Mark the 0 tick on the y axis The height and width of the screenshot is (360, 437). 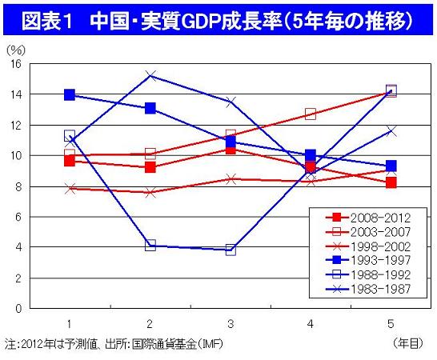[17, 309]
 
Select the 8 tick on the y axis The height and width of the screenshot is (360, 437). [17, 186]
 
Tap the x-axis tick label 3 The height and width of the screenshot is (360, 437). [231, 323]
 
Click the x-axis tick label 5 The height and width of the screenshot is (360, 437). [391, 323]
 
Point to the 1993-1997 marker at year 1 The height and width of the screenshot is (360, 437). [70, 94]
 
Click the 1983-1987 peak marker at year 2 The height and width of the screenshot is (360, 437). [150, 76]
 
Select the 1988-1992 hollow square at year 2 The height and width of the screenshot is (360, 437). [150, 246]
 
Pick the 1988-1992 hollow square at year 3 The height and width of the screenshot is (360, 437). [231, 250]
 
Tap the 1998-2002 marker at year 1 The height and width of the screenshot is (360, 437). [70, 189]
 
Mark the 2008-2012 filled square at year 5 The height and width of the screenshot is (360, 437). [391, 182]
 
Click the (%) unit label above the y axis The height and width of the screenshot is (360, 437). [15, 50]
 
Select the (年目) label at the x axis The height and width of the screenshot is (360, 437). [408, 342]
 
